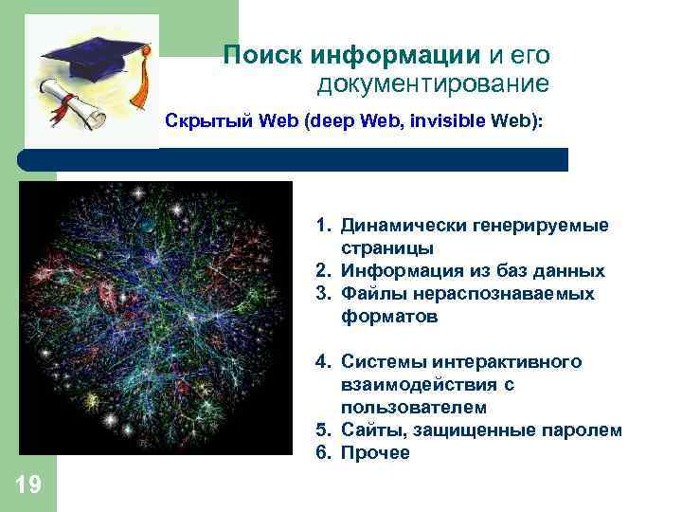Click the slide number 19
click(28, 486)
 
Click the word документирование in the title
click(433, 85)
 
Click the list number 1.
click(323, 226)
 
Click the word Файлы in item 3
click(369, 294)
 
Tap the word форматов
click(390, 317)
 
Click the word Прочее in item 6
click(375, 453)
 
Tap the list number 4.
click(323, 362)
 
